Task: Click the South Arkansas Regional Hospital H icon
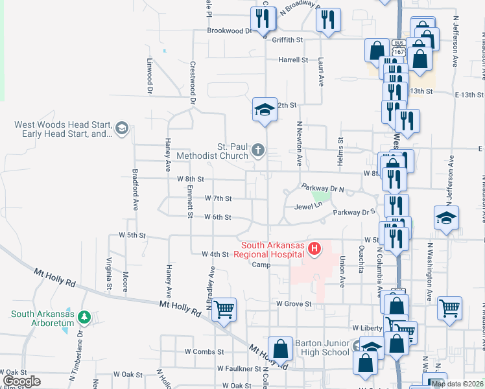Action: [x=314, y=248]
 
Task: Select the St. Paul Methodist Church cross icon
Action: [x=258, y=151]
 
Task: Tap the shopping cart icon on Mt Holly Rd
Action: [x=224, y=309]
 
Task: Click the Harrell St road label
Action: [x=292, y=60]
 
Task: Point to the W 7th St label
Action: [x=218, y=198]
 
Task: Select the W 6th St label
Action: [x=218, y=217]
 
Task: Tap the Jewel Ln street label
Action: [x=308, y=206]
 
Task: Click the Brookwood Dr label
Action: [x=228, y=30]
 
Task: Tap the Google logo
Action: [x=22, y=381]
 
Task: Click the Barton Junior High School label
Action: [x=322, y=348]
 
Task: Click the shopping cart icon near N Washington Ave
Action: [x=449, y=309]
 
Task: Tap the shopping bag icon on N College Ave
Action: [x=281, y=349]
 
